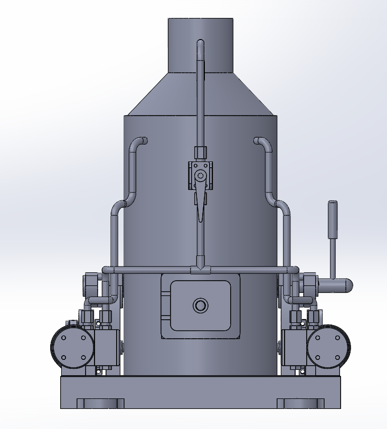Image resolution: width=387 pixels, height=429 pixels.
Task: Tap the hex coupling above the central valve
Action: [x=200, y=153]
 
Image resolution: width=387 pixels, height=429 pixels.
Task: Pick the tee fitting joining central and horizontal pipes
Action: [x=200, y=270]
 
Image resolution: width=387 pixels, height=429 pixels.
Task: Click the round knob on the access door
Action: [x=200, y=305]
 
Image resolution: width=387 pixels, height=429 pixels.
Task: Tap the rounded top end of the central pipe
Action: [x=200, y=42]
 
